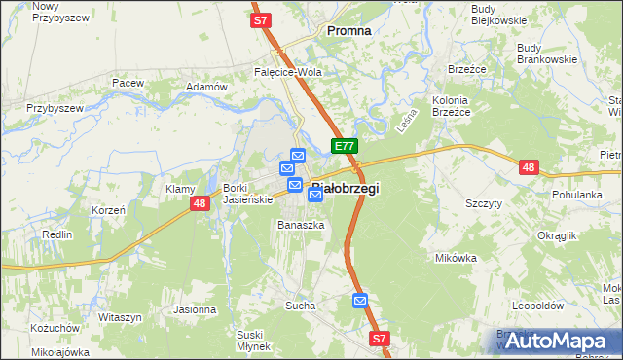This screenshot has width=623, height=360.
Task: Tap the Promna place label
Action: [x=348, y=31]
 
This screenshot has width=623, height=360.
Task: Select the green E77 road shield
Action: [x=344, y=146]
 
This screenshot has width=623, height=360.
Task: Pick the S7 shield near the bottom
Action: [x=380, y=338]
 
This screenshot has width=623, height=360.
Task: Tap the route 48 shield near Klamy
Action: [x=199, y=202]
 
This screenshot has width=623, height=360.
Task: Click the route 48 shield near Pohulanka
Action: [x=528, y=167]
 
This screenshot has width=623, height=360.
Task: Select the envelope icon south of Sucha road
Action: [x=360, y=302]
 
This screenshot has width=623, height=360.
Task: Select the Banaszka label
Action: [x=299, y=225]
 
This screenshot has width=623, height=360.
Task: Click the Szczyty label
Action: [x=484, y=203]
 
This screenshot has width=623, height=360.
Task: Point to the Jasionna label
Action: [x=195, y=309]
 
